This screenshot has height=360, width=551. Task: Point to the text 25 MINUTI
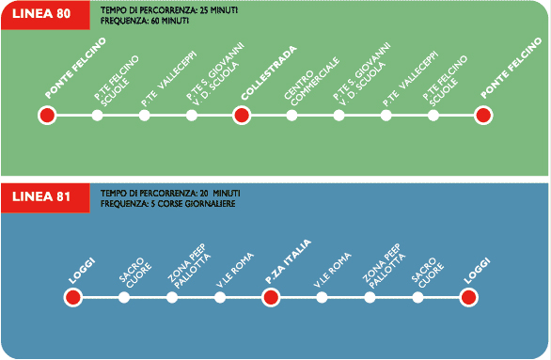[x=218, y=10]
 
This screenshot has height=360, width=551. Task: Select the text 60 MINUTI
[x=170, y=21]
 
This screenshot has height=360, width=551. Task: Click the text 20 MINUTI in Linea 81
[x=220, y=194]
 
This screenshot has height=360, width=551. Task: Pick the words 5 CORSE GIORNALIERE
[x=193, y=204]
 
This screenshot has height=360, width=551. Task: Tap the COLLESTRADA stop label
[x=269, y=73]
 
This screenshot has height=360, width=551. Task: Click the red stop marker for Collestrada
[x=242, y=116]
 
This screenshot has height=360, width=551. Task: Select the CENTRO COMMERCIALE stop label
[x=312, y=82]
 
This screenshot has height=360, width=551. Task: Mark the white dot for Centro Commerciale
[x=291, y=116]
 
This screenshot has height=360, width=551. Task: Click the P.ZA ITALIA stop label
[x=288, y=261]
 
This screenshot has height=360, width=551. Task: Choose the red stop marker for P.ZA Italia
[x=271, y=297]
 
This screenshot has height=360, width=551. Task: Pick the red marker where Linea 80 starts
[x=47, y=116]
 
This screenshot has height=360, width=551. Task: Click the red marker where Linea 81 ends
[x=469, y=297]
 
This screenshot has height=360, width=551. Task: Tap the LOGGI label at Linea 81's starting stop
[x=82, y=271]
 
